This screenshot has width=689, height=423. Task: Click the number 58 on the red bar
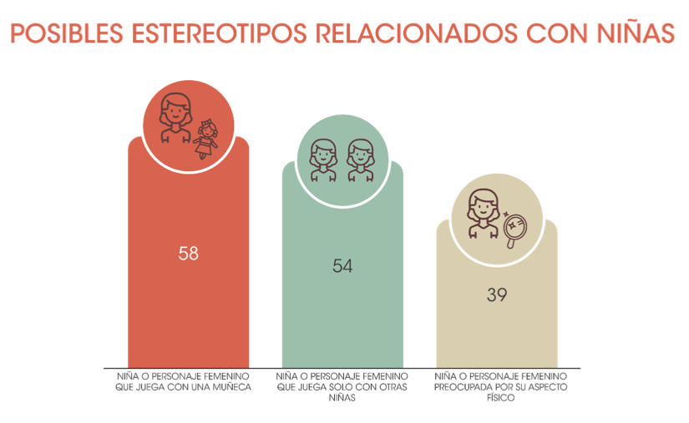point(189,253)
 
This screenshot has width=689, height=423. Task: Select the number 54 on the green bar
point(342,266)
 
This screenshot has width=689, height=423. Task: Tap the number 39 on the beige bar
point(497,295)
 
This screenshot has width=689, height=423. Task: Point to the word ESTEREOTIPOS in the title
point(218,33)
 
